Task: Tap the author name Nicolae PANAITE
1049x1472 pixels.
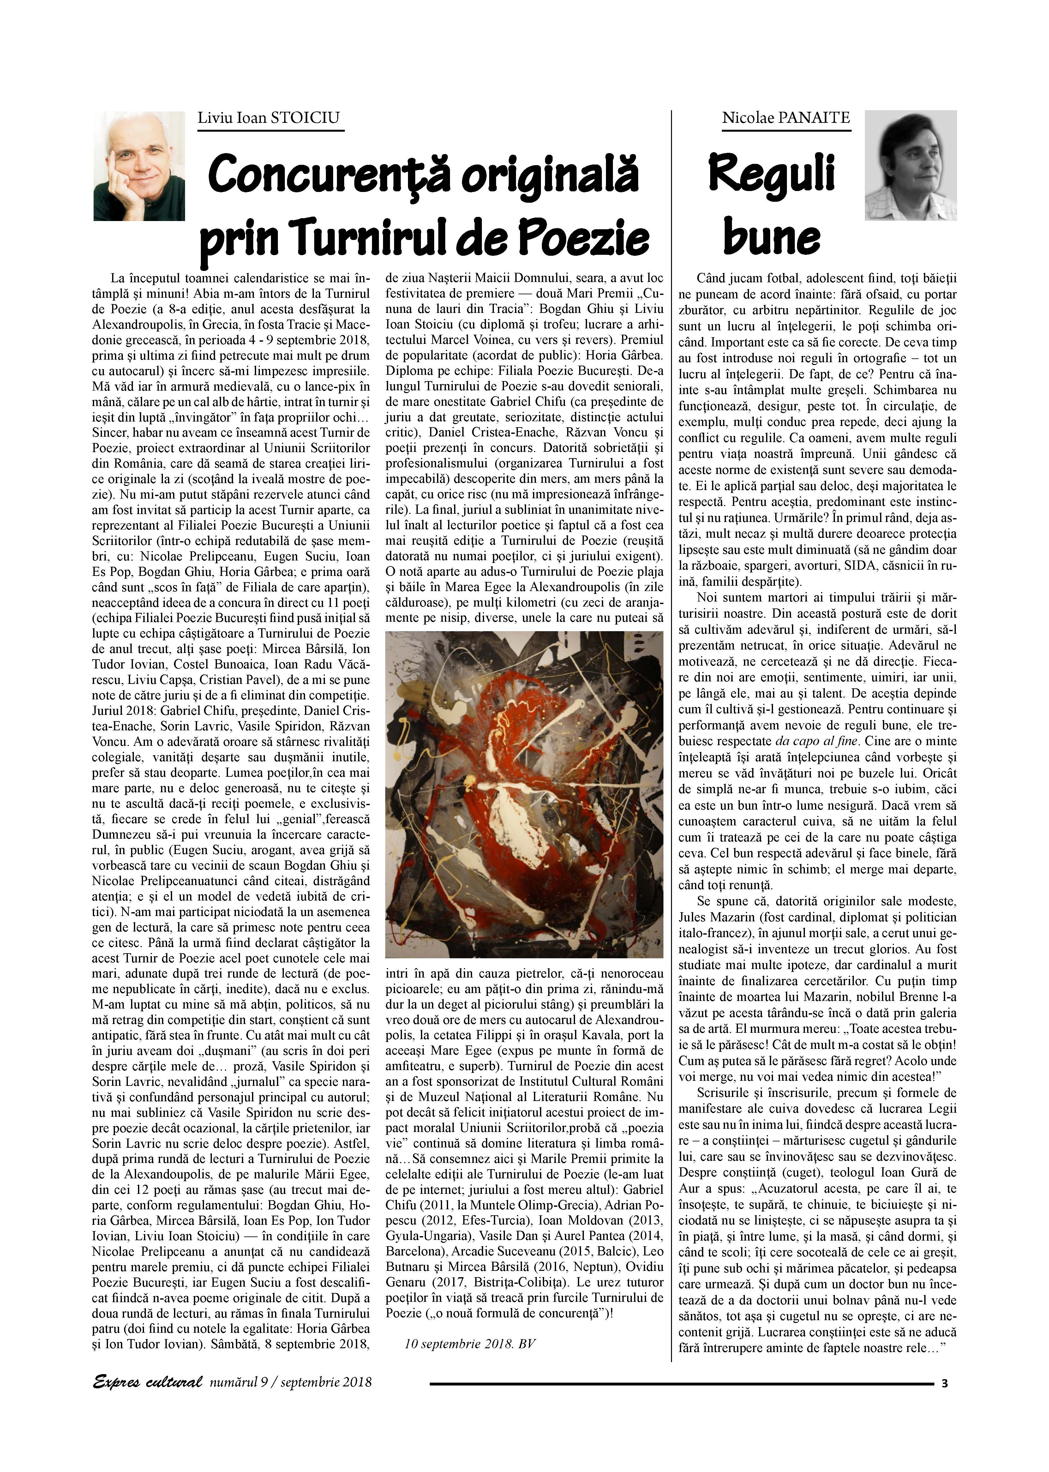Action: pos(785,118)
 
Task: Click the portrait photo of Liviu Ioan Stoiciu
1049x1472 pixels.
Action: pos(139,166)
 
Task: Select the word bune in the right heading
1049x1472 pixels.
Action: pos(771,235)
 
